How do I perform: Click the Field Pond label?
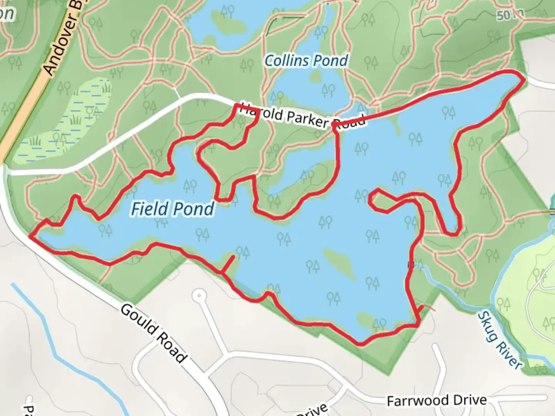172,209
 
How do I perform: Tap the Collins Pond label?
306,60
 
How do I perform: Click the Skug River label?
499,340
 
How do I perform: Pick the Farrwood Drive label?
436,400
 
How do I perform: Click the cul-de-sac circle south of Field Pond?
199,296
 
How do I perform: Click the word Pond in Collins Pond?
330,60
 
